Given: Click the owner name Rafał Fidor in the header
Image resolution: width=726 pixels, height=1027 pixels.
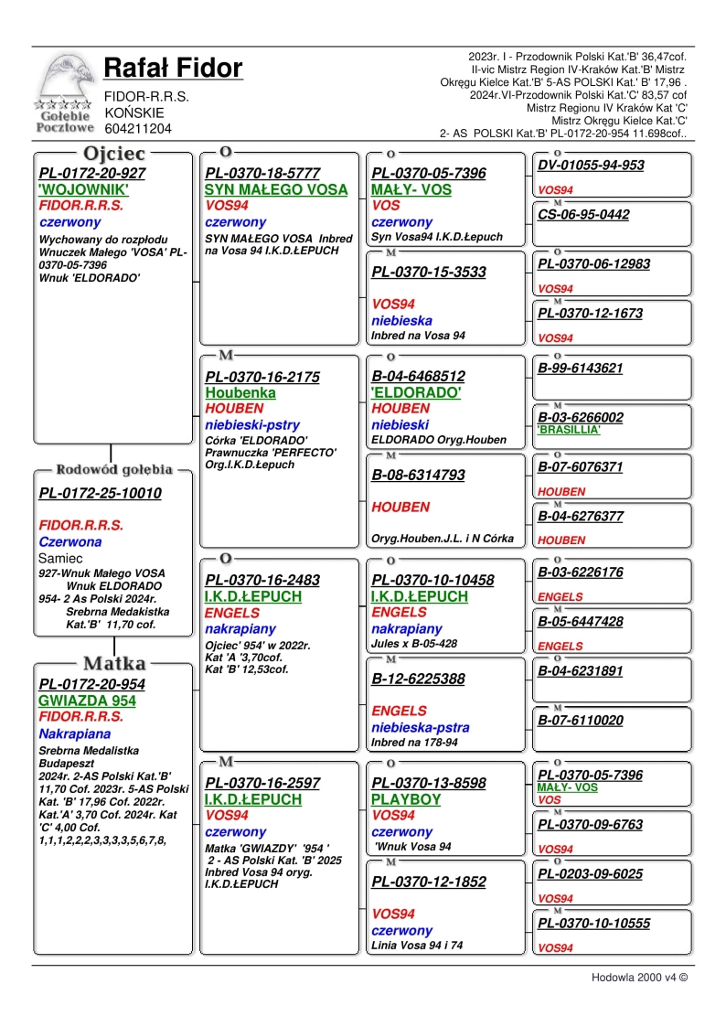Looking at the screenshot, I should click(x=173, y=69).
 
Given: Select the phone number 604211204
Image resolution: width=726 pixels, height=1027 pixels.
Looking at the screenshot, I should click(x=138, y=129).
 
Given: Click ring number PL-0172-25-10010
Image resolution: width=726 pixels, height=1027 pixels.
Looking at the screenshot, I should click(x=101, y=494).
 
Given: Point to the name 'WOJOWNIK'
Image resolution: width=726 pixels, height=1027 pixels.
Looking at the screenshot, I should click(x=83, y=190).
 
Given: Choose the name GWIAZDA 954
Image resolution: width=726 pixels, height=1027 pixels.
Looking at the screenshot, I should click(x=88, y=701).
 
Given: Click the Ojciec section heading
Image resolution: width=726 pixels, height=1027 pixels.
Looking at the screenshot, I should click(x=114, y=154).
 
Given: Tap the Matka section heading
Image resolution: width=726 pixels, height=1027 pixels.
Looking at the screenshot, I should click(x=114, y=663).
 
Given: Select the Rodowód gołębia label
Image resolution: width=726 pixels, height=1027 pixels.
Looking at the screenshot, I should click(x=114, y=470).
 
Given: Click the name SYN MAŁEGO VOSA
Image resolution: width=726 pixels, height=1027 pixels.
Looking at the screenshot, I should click(x=276, y=190).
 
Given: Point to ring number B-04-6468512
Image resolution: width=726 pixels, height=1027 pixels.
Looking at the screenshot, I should click(x=418, y=376).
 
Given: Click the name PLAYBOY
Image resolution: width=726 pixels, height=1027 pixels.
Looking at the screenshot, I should click(x=406, y=799).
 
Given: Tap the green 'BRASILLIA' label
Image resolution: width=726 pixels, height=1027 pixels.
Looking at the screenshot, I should click(x=569, y=429).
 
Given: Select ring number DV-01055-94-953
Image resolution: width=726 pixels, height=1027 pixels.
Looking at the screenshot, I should click(x=591, y=166).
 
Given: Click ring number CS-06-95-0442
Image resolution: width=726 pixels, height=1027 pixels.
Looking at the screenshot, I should click(x=583, y=215).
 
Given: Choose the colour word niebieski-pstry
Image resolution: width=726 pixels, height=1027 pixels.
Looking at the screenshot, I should click(x=252, y=425).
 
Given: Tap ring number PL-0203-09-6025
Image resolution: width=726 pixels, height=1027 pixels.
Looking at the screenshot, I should click(x=590, y=873).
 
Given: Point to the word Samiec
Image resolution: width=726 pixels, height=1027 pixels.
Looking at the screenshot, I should click(x=61, y=558).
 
